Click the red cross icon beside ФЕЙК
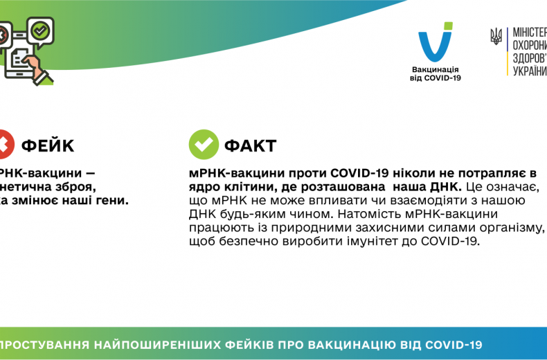click(x=3, y=145)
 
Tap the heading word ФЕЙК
click(x=48, y=145)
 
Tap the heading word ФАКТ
click(x=251, y=145)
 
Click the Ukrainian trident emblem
click(x=496, y=36)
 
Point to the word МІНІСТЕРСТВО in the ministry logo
click(x=529, y=33)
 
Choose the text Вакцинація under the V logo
click(x=436, y=70)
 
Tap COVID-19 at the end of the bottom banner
click(x=454, y=345)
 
